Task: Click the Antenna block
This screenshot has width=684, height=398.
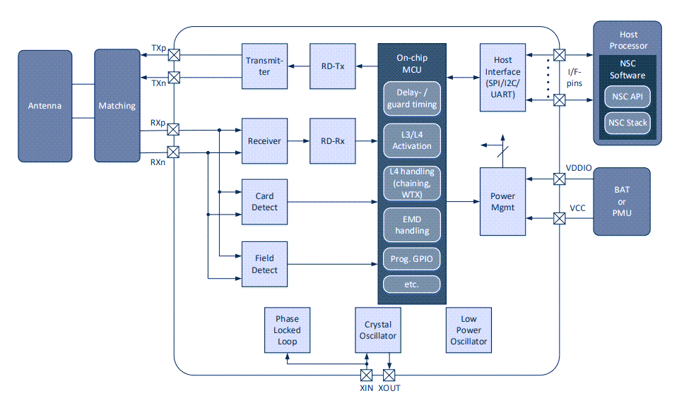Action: click(x=45, y=106)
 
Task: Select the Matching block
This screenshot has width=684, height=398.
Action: click(x=117, y=106)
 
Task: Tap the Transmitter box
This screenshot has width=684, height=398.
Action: click(x=264, y=66)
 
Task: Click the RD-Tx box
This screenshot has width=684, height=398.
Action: click(x=333, y=66)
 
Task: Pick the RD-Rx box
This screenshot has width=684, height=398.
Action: click(x=333, y=141)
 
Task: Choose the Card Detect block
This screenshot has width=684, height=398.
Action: click(x=264, y=202)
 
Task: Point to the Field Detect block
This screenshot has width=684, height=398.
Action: click(x=264, y=265)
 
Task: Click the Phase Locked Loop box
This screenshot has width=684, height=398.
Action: click(x=288, y=330)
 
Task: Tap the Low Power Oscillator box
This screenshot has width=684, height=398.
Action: click(x=468, y=330)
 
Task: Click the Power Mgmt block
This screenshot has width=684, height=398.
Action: click(x=503, y=202)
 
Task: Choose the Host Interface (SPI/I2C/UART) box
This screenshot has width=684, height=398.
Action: click(x=503, y=78)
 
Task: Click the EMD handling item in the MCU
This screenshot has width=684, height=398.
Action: click(x=412, y=225)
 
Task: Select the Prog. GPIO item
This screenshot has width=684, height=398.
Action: click(x=412, y=259)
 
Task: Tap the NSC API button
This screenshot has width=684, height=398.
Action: click(x=627, y=97)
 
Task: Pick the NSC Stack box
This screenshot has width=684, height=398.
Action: click(x=627, y=123)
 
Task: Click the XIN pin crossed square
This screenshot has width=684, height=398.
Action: click(x=367, y=374)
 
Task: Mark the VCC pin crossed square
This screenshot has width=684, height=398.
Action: click(x=560, y=219)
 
